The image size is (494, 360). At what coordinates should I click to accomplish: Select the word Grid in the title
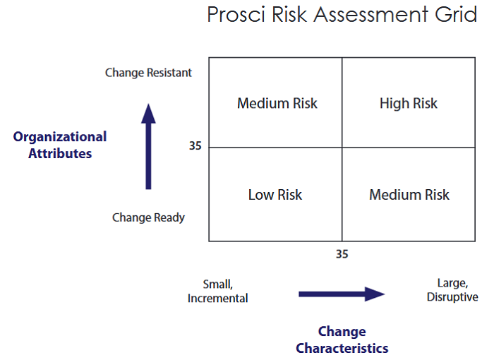pyautogui.click(x=459, y=14)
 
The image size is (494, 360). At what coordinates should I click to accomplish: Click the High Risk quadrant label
pyautogui.click(x=409, y=104)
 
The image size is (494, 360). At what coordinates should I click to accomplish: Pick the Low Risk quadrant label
pyautogui.click(x=275, y=195)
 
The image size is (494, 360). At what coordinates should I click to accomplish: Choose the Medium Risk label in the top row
pyautogui.click(x=277, y=104)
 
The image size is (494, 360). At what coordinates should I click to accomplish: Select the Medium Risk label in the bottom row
pyautogui.click(x=409, y=195)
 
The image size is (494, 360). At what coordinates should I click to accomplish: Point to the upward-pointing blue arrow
pyautogui.click(x=148, y=146)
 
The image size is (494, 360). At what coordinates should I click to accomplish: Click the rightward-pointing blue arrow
pyautogui.click(x=342, y=294)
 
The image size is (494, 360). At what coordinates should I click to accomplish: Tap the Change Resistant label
pyautogui.click(x=148, y=73)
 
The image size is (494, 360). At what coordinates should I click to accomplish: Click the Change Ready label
pyautogui.click(x=148, y=217)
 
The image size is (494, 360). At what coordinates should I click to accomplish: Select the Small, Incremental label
pyautogui.click(x=217, y=291)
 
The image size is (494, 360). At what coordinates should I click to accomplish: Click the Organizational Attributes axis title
pyautogui.click(x=60, y=145)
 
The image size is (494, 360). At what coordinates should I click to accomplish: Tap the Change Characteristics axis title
pyautogui.click(x=342, y=340)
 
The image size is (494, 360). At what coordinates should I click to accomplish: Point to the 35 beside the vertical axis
pyautogui.click(x=195, y=147)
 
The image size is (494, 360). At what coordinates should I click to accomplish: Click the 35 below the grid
pyautogui.click(x=342, y=254)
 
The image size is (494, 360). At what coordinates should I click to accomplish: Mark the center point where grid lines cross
pyautogui.click(x=342, y=148)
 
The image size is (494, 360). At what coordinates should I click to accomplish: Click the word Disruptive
pyautogui.click(x=452, y=297)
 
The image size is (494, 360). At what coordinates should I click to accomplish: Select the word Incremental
pyautogui.click(x=217, y=299)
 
